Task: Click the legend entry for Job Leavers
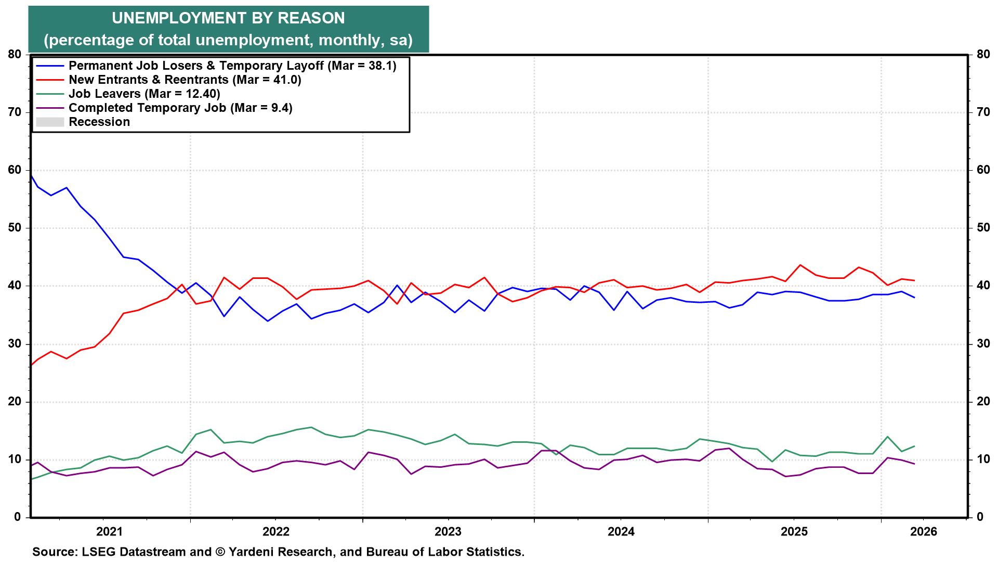pyautogui.click(x=144, y=94)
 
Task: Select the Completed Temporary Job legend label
pyautogui.click(x=180, y=108)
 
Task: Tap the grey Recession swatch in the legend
pyautogui.click(x=49, y=122)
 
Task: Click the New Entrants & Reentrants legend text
pyautogui.click(x=185, y=80)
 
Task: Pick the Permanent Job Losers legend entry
pyautogui.click(x=232, y=66)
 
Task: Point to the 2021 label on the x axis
pyautogui.click(x=109, y=532)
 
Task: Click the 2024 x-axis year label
pyautogui.click(x=621, y=532)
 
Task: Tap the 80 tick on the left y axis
pyautogui.click(x=14, y=54)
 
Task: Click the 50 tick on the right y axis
pyautogui.click(x=982, y=228)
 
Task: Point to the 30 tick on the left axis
pyautogui.click(x=14, y=343)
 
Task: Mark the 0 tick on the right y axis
pyautogui.click(x=979, y=517)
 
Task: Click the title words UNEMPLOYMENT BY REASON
pyautogui.click(x=228, y=18)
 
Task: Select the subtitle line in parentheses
pyautogui.click(x=228, y=40)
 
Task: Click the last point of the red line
pyautogui.click(x=914, y=280)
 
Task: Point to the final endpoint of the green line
pyautogui.click(x=914, y=446)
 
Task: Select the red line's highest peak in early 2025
pyautogui.click(x=800, y=265)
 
